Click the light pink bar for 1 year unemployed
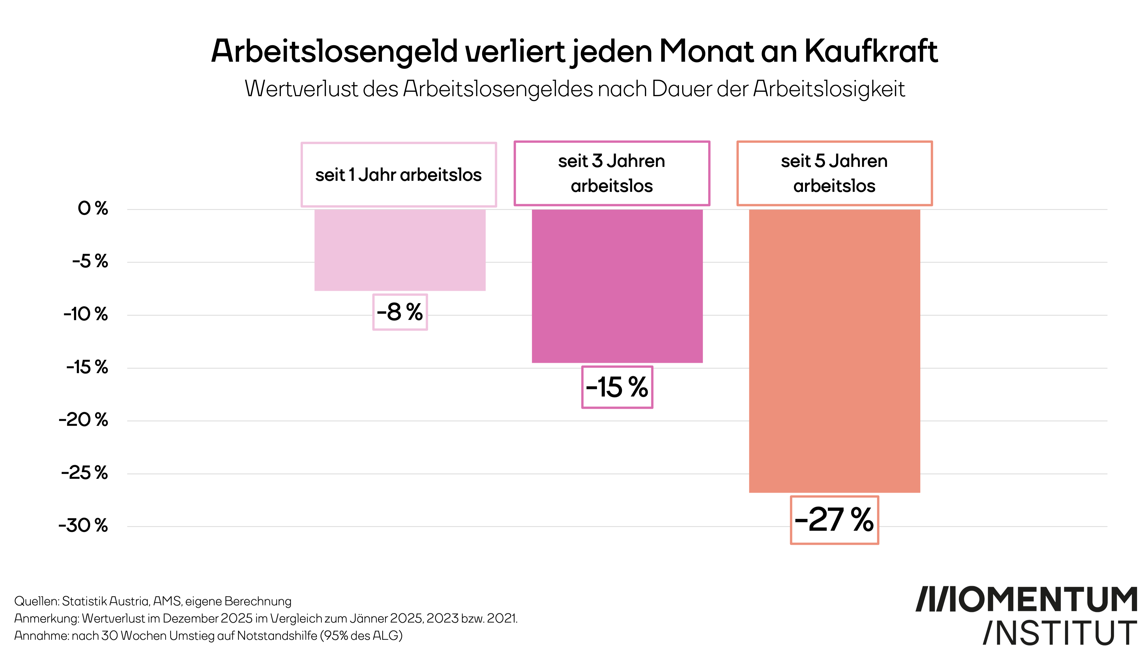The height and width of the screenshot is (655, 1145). coord(400,250)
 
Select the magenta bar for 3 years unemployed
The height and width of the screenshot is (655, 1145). coord(617,286)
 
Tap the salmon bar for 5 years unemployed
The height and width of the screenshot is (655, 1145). coord(834,351)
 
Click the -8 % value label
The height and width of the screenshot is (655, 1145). coord(400,312)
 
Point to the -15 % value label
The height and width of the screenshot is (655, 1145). coord(617,387)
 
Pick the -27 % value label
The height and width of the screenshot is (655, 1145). coord(834,520)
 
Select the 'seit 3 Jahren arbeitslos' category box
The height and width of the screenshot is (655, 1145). coord(612,173)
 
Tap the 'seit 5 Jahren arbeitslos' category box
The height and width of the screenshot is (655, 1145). coord(834,173)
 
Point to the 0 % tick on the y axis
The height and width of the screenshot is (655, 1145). coord(93,209)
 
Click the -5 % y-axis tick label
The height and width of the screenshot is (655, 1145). coord(90,261)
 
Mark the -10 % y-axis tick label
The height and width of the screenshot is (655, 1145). coord(85,314)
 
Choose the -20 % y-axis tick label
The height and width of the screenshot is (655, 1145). coord(83,420)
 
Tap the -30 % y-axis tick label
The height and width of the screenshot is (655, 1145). coord(83,525)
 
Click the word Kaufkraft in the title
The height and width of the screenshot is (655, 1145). coord(871,51)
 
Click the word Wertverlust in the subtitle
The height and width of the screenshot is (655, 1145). coord(301,89)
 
